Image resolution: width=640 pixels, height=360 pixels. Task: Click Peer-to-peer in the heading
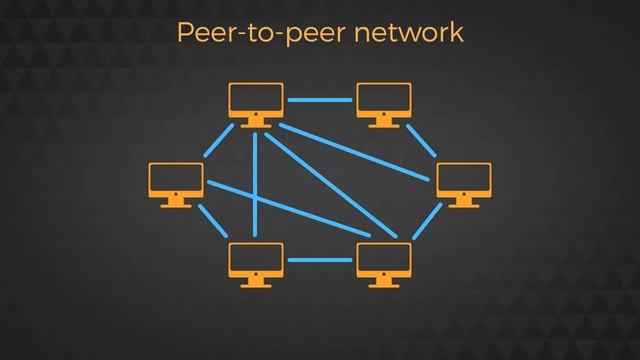[x=259, y=33]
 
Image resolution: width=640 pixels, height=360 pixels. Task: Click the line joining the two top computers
[x=320, y=100]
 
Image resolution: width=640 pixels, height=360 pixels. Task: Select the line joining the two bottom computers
[x=320, y=260]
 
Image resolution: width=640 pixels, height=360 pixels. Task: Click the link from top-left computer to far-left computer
[x=218, y=141]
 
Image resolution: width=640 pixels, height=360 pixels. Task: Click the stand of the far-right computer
[x=464, y=201]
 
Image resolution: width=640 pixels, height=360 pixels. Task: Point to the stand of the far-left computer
[x=176, y=201]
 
